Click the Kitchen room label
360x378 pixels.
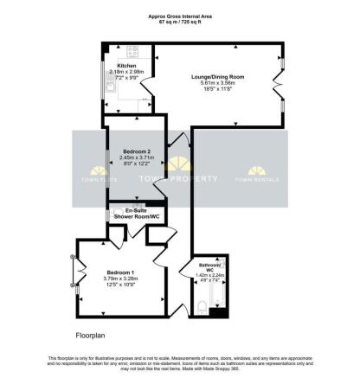coord(125,65)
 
